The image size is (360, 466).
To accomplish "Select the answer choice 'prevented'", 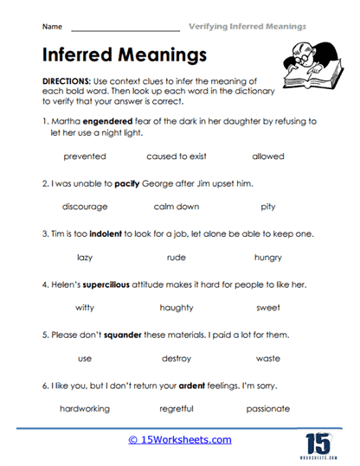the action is tap(85, 156).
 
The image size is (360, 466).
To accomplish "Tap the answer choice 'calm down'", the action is tap(177, 207).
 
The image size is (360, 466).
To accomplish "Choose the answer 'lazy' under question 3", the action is tap(85, 257).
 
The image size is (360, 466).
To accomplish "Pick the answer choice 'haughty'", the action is tap(177, 308).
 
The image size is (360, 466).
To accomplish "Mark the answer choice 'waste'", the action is tap(267, 358).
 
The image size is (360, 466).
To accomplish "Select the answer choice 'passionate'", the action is tap(267, 408).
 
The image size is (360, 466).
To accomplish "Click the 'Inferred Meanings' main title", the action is tap(125, 55).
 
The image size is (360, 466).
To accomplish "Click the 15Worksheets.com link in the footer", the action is tap(180, 439).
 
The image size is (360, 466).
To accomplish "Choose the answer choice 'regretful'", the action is tap(177, 408).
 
